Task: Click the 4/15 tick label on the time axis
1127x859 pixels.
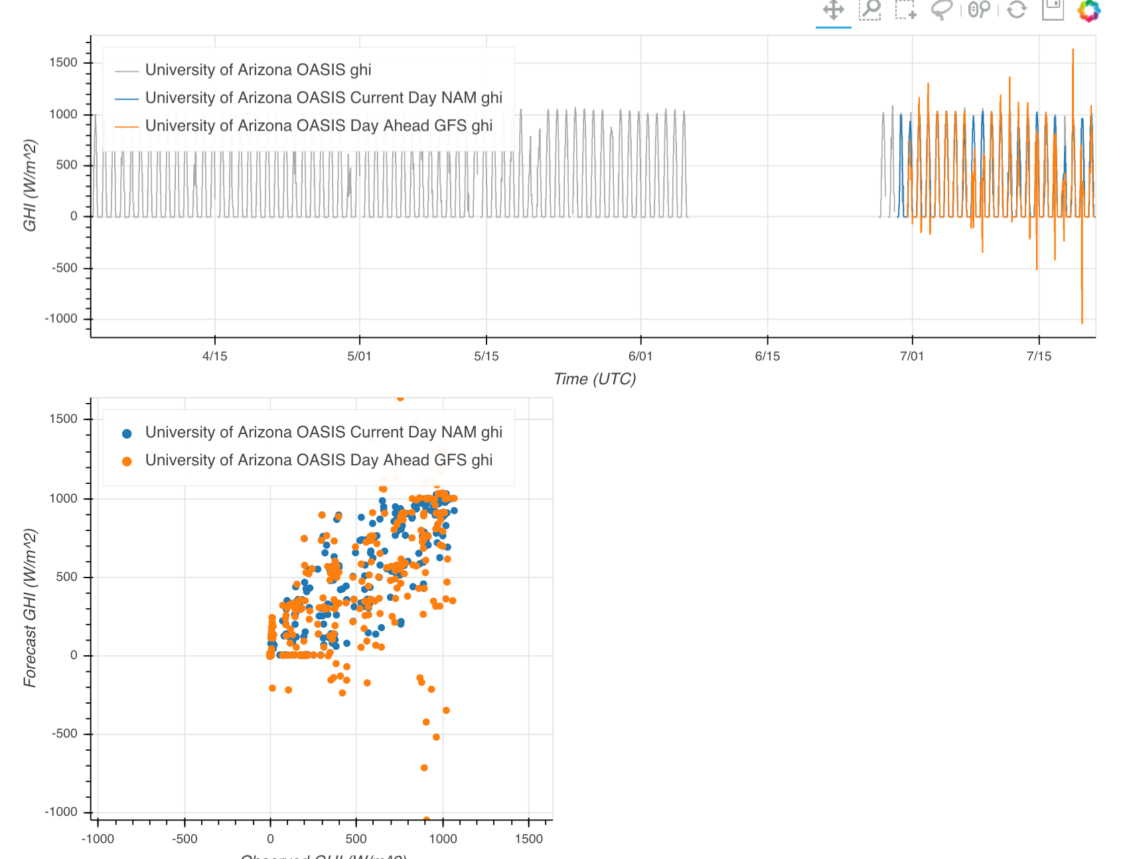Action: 214,356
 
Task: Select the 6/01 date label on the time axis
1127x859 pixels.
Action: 640,356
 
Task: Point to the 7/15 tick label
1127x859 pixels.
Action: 1039,356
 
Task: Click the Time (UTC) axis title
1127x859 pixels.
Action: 595,379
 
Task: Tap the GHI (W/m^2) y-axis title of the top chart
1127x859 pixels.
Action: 30,186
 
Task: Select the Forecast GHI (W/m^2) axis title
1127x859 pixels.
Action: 30,607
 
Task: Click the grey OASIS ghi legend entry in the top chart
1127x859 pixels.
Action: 258,70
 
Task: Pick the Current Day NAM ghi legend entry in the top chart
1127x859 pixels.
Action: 323,98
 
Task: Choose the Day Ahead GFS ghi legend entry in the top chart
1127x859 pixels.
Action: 319,126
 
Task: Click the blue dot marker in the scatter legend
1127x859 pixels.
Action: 127,433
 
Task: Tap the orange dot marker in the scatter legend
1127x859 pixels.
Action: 127,461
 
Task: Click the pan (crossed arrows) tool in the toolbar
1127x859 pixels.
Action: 833,10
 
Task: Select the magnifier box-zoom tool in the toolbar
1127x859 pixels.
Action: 869,10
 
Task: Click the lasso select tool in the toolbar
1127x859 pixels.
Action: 941,10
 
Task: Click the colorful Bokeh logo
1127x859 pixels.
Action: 1089,10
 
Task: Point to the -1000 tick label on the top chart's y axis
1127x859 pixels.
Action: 61,319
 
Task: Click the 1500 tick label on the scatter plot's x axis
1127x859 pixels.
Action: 528,839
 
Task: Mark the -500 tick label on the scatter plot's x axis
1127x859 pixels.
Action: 185,839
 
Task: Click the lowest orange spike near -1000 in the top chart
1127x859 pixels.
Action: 1082,323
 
